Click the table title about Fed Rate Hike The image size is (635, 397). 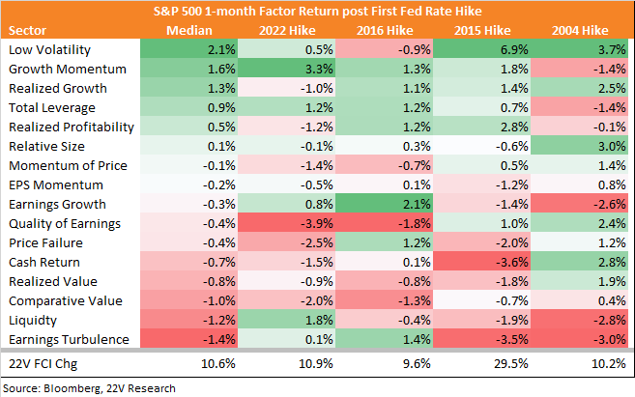(x=317, y=11)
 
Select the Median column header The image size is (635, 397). (x=189, y=30)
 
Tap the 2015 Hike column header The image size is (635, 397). (x=482, y=30)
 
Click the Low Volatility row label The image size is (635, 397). (x=50, y=50)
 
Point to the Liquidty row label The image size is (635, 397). (x=33, y=321)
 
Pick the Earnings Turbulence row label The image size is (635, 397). (x=69, y=340)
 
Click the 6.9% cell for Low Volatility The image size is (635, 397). (x=482, y=50)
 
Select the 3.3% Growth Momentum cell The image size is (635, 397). (x=287, y=69)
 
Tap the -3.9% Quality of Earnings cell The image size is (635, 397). (x=287, y=223)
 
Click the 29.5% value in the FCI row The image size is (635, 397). (x=511, y=364)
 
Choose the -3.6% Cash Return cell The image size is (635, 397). (x=482, y=262)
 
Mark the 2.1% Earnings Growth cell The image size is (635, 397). (x=385, y=204)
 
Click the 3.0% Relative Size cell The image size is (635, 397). (x=580, y=146)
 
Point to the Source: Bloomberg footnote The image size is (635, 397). (x=89, y=388)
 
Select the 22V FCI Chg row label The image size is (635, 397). (x=43, y=364)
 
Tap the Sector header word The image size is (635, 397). (x=27, y=30)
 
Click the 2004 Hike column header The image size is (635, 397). (x=580, y=30)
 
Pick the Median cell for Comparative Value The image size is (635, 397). (x=189, y=300)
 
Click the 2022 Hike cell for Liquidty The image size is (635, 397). (x=287, y=320)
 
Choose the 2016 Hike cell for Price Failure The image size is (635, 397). (x=385, y=242)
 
